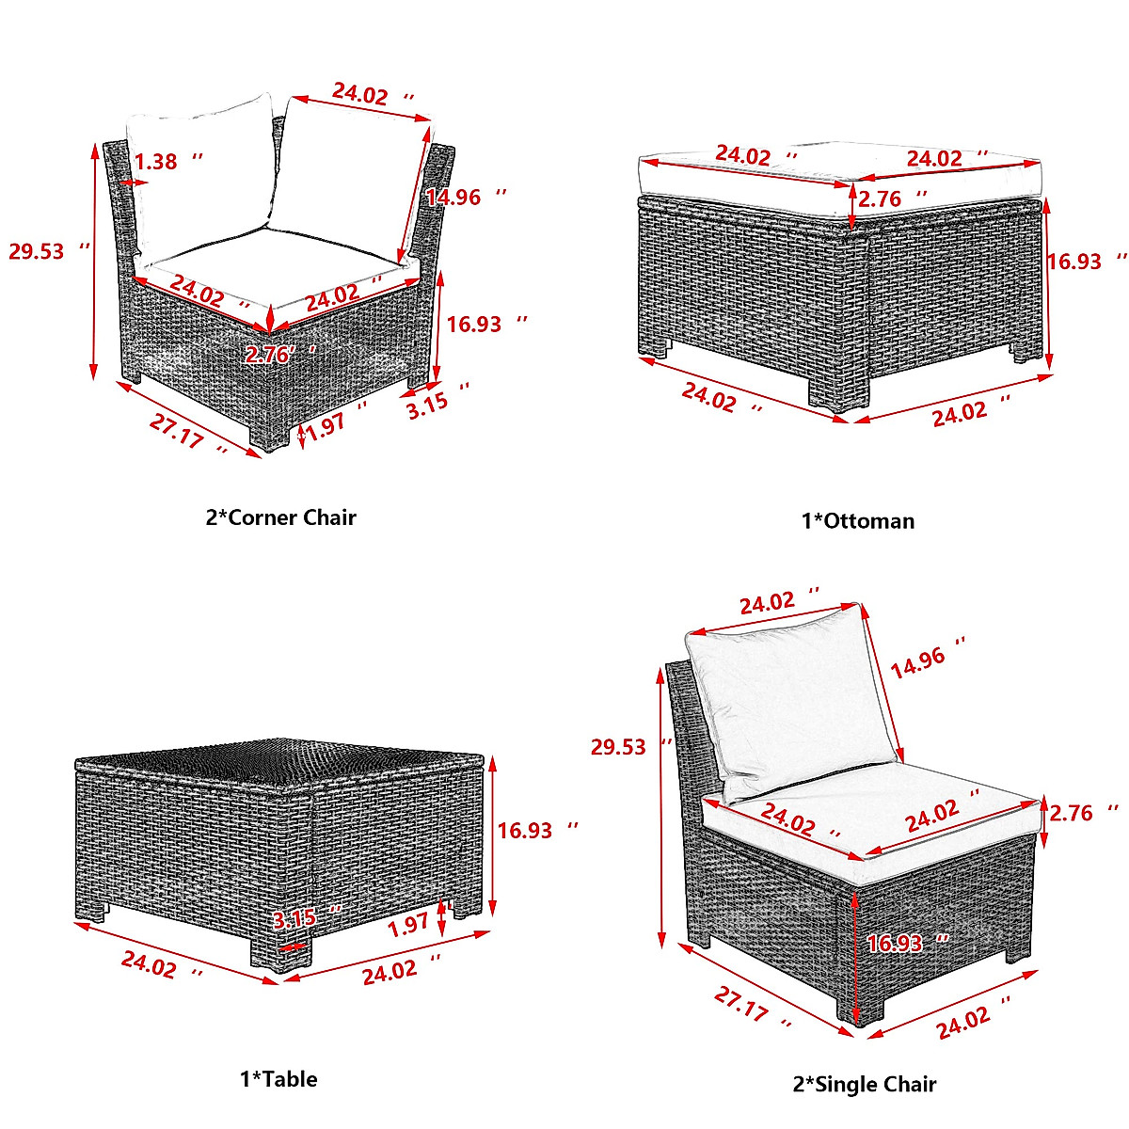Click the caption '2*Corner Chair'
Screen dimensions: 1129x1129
[280, 517]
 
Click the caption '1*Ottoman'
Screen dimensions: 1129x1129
[857, 520]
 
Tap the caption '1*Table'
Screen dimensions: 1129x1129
[278, 1079]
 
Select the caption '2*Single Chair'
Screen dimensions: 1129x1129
[864, 1085]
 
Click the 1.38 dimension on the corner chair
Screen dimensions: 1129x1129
[155, 162]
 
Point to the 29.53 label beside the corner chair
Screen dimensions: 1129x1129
[37, 251]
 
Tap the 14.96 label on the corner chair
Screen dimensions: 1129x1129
[453, 197]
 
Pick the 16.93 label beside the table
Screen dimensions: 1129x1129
[525, 830]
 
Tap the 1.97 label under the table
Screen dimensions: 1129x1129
[409, 926]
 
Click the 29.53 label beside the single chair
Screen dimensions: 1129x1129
[618, 746]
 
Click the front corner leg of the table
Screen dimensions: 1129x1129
[279, 951]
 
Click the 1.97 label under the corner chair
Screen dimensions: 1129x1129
[326, 426]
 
